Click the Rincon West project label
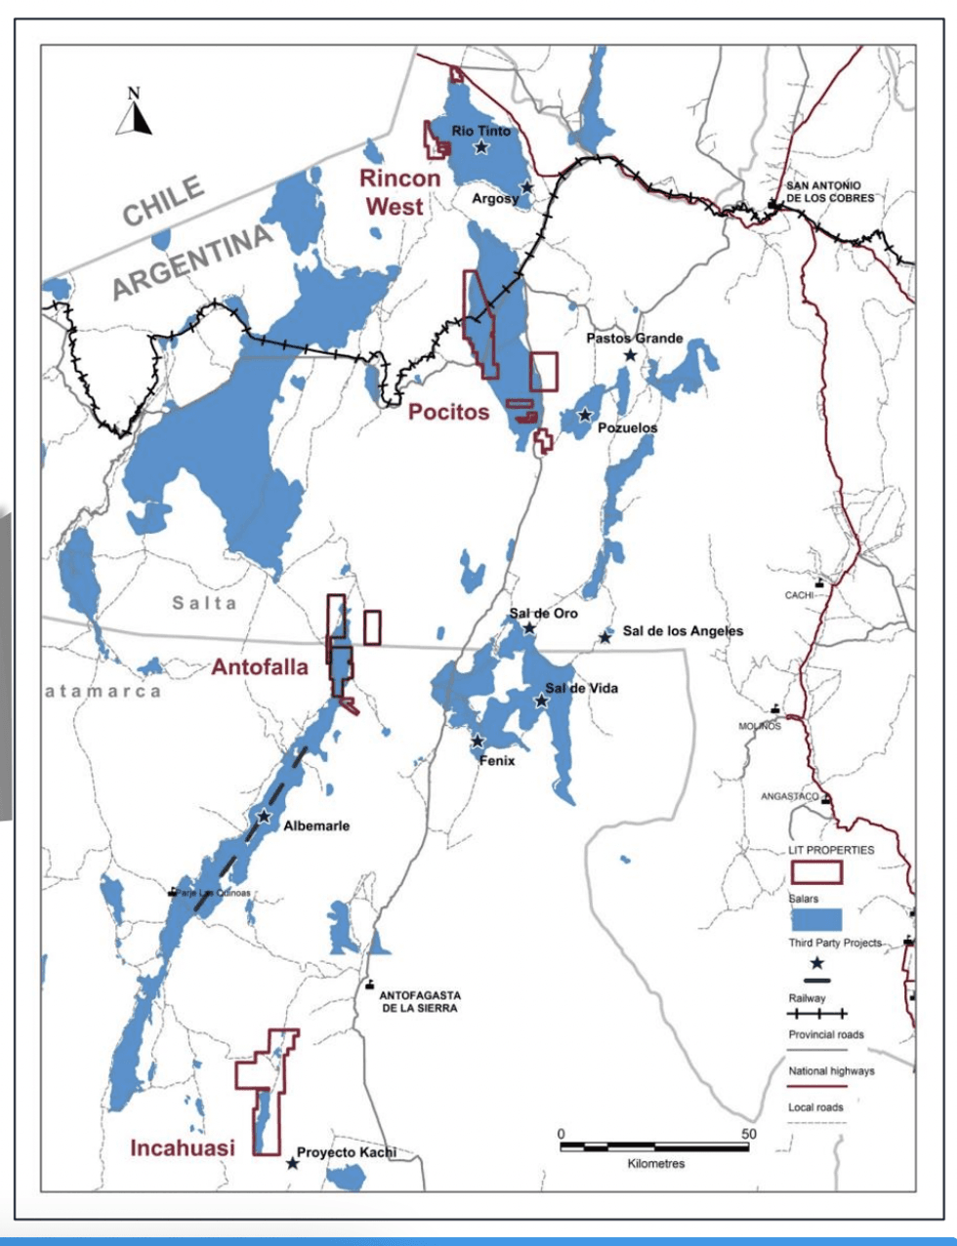click(399, 192)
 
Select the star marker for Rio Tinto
click(481, 147)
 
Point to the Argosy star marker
click(527, 186)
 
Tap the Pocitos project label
click(448, 412)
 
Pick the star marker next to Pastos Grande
click(631, 355)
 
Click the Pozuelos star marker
click(585, 415)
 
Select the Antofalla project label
click(260, 667)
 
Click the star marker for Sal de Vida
click(541, 701)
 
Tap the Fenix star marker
click(478, 742)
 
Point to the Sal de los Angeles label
click(683, 631)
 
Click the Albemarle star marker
click(264, 816)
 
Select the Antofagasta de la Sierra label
click(420, 1001)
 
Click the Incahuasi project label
click(183, 1147)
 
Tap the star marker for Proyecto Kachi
click(292, 1163)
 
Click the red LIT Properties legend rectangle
click(815, 871)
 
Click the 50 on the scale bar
click(748, 1134)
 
